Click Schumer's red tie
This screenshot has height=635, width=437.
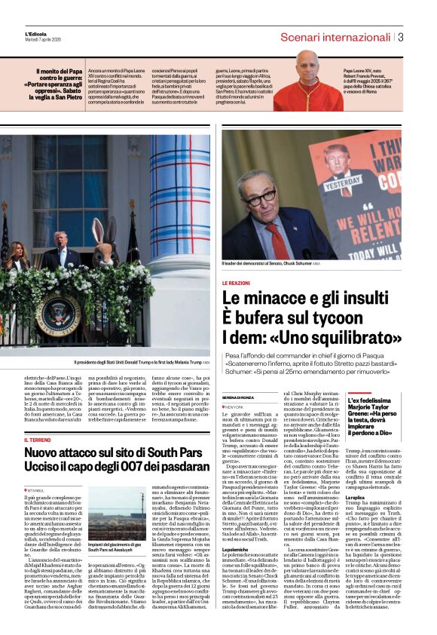(277, 241)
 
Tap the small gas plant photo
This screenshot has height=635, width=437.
(116, 513)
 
